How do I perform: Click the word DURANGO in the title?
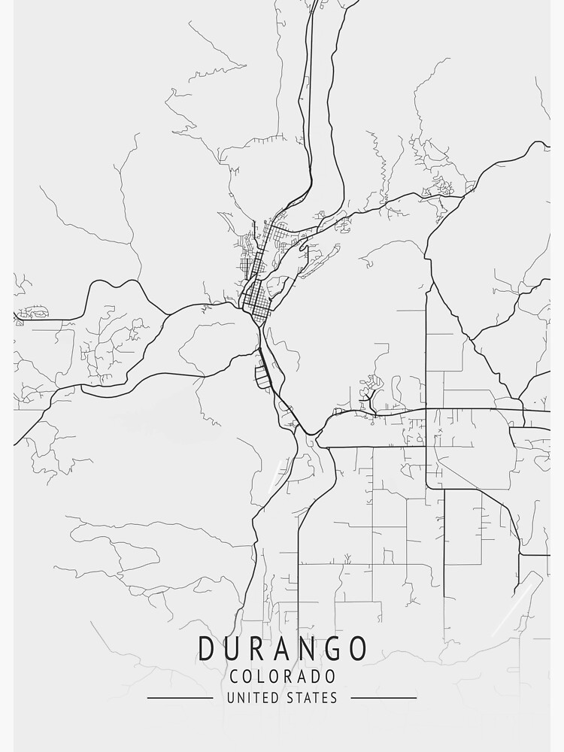pyautogui.click(x=284, y=648)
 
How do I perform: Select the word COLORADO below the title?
pyautogui.click(x=283, y=677)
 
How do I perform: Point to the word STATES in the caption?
pyautogui.click(x=312, y=698)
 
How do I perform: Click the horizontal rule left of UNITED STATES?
pyautogui.click(x=180, y=698)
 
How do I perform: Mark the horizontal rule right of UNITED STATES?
pyautogui.click(x=384, y=698)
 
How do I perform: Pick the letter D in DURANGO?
pyautogui.click(x=208, y=648)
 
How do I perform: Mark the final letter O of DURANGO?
pyautogui.click(x=359, y=648)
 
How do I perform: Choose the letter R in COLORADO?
pyautogui.click(x=291, y=677)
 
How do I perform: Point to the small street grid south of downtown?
pyautogui.click(x=262, y=373)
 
